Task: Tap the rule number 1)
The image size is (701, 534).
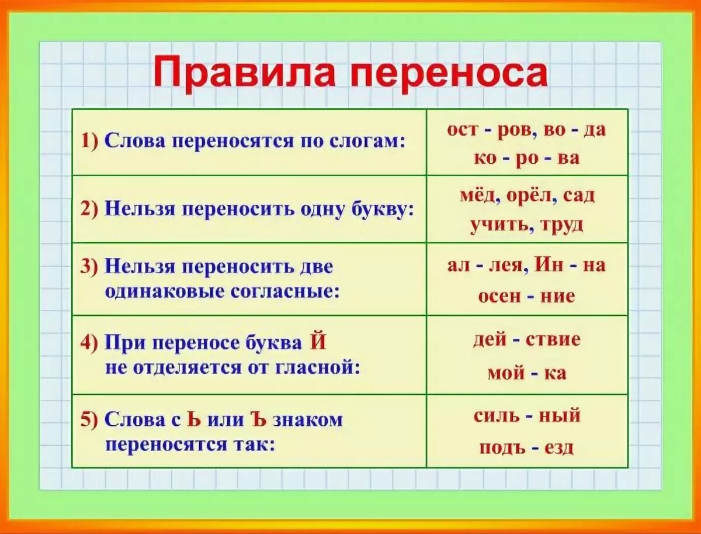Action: click(x=90, y=142)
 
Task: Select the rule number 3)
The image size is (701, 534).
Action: click(x=90, y=266)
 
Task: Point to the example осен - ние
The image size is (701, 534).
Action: click(x=527, y=297)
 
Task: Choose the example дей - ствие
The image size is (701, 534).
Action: click(x=527, y=340)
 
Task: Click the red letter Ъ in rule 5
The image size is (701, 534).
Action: click(x=259, y=419)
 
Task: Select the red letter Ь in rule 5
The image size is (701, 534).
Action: click(x=193, y=419)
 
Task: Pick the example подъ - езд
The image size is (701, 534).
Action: click(x=527, y=447)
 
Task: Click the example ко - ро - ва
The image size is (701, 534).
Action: click(x=527, y=159)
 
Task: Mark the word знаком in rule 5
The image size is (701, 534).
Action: click(x=308, y=419)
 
